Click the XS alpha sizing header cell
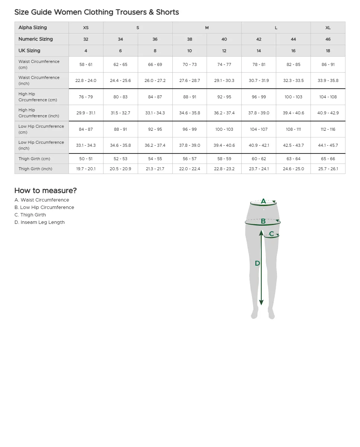tap(86, 28)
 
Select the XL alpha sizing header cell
tap(328, 28)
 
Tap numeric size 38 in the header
tap(189, 39)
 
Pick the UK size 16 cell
tap(293, 51)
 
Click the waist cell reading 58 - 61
tap(86, 64)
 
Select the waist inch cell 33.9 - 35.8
tap(328, 80)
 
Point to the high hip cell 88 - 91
tap(189, 97)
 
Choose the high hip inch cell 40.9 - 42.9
tap(328, 113)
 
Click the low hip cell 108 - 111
tap(293, 129)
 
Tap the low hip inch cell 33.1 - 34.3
tap(86, 145)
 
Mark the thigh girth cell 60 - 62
tap(259, 159)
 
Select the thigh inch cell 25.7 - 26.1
tap(328, 169)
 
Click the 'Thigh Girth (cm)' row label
tap(34, 159)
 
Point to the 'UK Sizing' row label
tap(29, 51)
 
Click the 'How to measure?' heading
tap(45, 190)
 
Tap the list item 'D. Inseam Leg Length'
tap(39, 222)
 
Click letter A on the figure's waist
tap(263, 202)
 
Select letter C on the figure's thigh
tap(271, 234)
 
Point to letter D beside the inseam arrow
tap(257, 263)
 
